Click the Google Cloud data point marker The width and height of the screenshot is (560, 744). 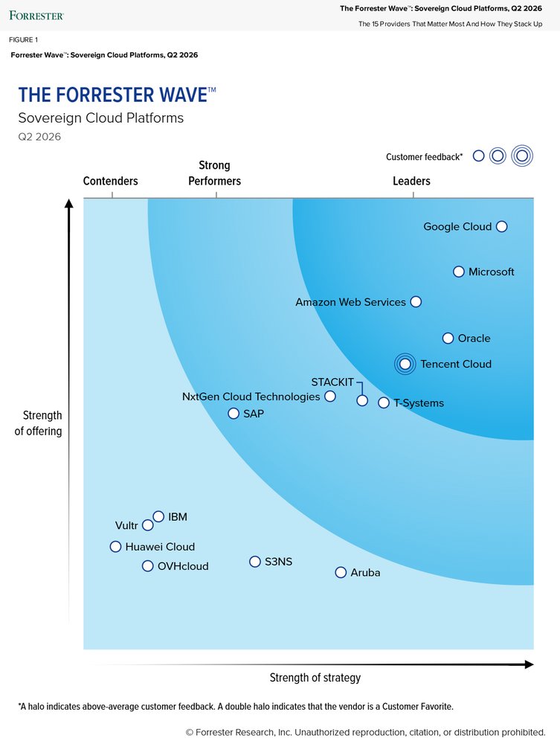[501, 226]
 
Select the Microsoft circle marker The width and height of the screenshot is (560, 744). [459, 272]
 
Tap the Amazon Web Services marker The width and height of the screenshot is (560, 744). [416, 301]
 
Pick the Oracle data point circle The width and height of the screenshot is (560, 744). [448, 338]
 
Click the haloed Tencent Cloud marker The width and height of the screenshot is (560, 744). [405, 364]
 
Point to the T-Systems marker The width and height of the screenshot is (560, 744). [384, 403]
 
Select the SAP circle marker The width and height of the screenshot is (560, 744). [234, 413]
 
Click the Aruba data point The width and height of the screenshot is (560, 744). [341, 572]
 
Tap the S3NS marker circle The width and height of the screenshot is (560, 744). [255, 561]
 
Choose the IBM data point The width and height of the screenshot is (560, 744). [158, 516]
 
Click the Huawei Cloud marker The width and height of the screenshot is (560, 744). [115, 546]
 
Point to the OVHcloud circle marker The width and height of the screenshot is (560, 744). [148, 565]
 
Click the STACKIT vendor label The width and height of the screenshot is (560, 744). [332, 382]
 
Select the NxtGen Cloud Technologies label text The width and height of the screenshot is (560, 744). [251, 397]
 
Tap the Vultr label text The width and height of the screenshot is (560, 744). [126, 525]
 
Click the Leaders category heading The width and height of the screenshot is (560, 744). [411, 181]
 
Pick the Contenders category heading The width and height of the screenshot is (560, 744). [110, 181]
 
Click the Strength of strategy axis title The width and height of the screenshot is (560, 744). [315, 677]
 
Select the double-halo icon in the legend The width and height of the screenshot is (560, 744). [522, 155]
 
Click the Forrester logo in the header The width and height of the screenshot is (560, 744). [36, 15]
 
